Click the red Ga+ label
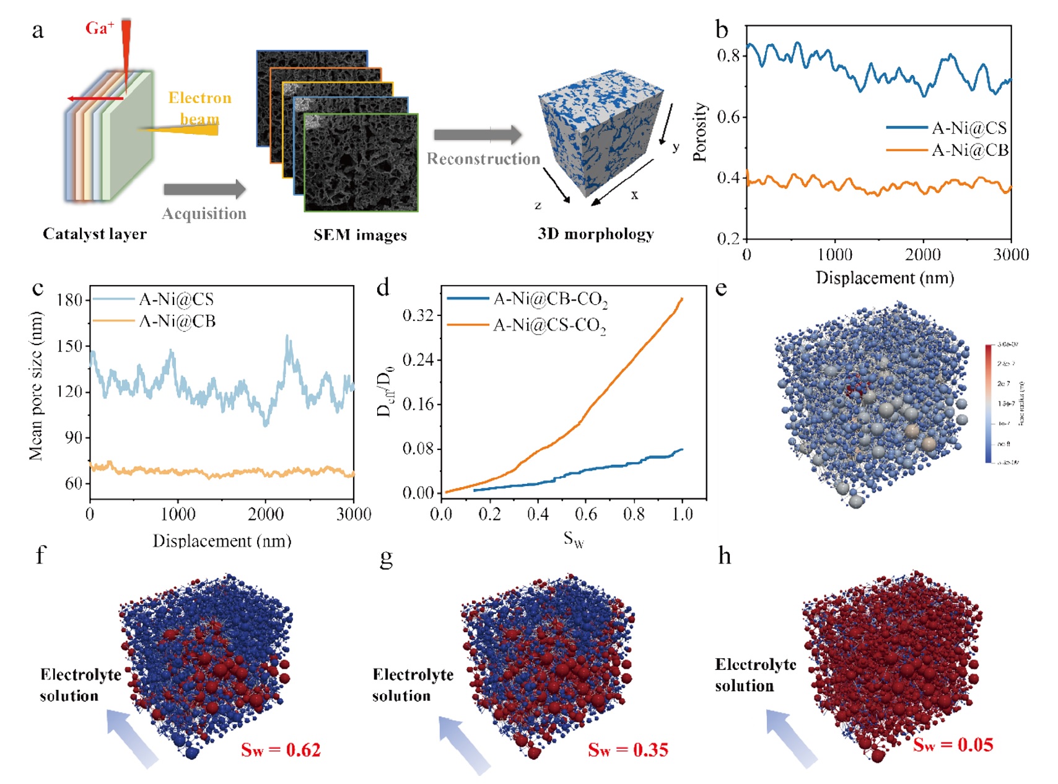click(x=99, y=28)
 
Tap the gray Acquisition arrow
click(x=204, y=189)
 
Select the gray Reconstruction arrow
click(x=478, y=134)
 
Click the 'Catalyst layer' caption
click(x=94, y=234)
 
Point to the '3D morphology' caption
click(x=595, y=234)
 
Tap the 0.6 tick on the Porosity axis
click(x=728, y=117)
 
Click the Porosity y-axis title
click(x=700, y=132)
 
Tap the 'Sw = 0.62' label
click(x=281, y=750)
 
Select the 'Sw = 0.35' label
click(x=627, y=750)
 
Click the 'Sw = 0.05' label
click(x=953, y=744)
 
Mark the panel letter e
click(x=721, y=289)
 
